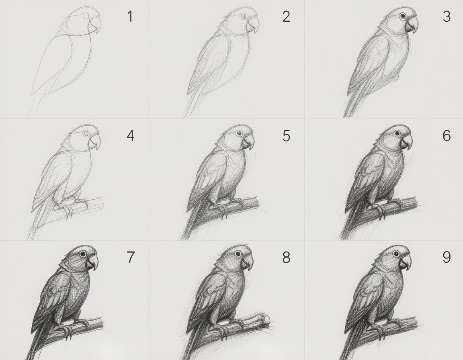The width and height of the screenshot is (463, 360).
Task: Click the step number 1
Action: (130, 16)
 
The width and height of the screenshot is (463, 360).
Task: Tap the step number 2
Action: (286, 16)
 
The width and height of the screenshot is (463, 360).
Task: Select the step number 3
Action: (447, 16)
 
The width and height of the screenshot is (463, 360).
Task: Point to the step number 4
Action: (131, 136)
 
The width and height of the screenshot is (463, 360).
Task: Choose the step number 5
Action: (286, 136)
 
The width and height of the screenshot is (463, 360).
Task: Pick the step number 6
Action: (447, 136)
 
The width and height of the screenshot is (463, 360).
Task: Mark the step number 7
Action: (131, 257)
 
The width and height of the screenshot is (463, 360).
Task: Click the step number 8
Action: (286, 257)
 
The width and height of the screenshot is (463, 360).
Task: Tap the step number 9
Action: (447, 257)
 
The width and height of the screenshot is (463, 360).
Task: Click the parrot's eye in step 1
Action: (86, 16)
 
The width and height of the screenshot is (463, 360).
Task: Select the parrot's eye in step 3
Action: (402, 16)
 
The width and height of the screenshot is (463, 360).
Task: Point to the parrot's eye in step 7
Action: (83, 253)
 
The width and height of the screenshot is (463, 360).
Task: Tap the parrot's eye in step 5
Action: (239, 133)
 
